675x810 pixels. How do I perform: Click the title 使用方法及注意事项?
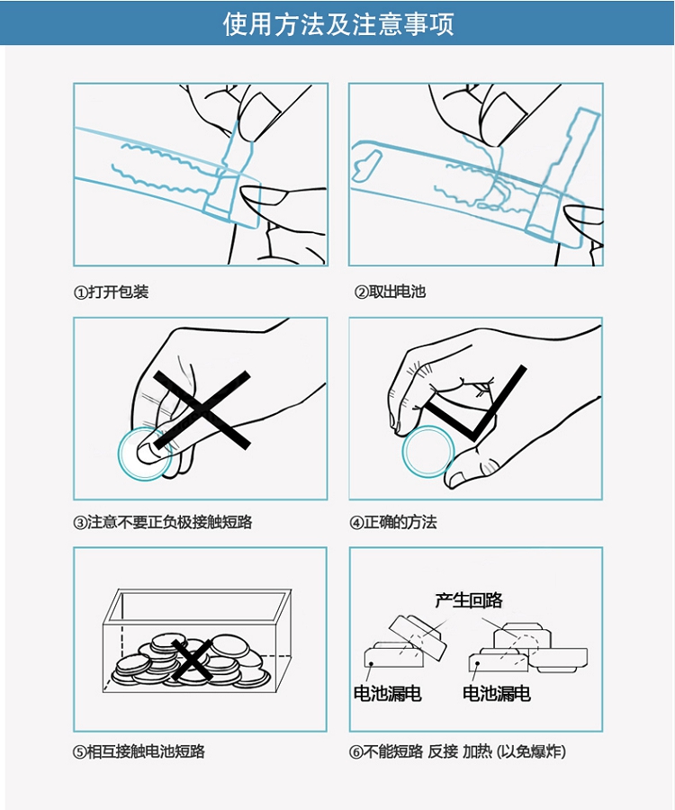click(x=338, y=23)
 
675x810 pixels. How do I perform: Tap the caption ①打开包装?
click(x=111, y=292)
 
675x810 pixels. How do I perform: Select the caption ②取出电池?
click(x=390, y=292)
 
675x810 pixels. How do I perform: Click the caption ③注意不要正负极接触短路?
click(x=163, y=522)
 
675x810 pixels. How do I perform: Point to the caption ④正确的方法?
click(x=393, y=522)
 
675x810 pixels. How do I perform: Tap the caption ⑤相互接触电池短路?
click(x=139, y=751)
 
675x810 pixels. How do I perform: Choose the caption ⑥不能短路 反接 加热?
click(x=457, y=751)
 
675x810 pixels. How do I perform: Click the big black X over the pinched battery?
click(x=202, y=409)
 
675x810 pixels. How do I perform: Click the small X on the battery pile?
click(x=192, y=660)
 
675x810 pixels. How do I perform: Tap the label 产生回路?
click(x=468, y=600)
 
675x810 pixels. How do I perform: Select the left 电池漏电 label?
click(x=387, y=693)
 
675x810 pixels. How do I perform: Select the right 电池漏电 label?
click(x=496, y=693)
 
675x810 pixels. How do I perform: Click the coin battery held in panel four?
click(x=428, y=452)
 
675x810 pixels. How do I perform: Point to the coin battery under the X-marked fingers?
click(x=144, y=454)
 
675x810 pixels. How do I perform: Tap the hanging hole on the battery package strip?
click(x=364, y=166)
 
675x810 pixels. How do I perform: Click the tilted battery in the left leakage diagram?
click(x=418, y=637)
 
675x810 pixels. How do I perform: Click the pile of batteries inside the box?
click(x=191, y=662)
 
